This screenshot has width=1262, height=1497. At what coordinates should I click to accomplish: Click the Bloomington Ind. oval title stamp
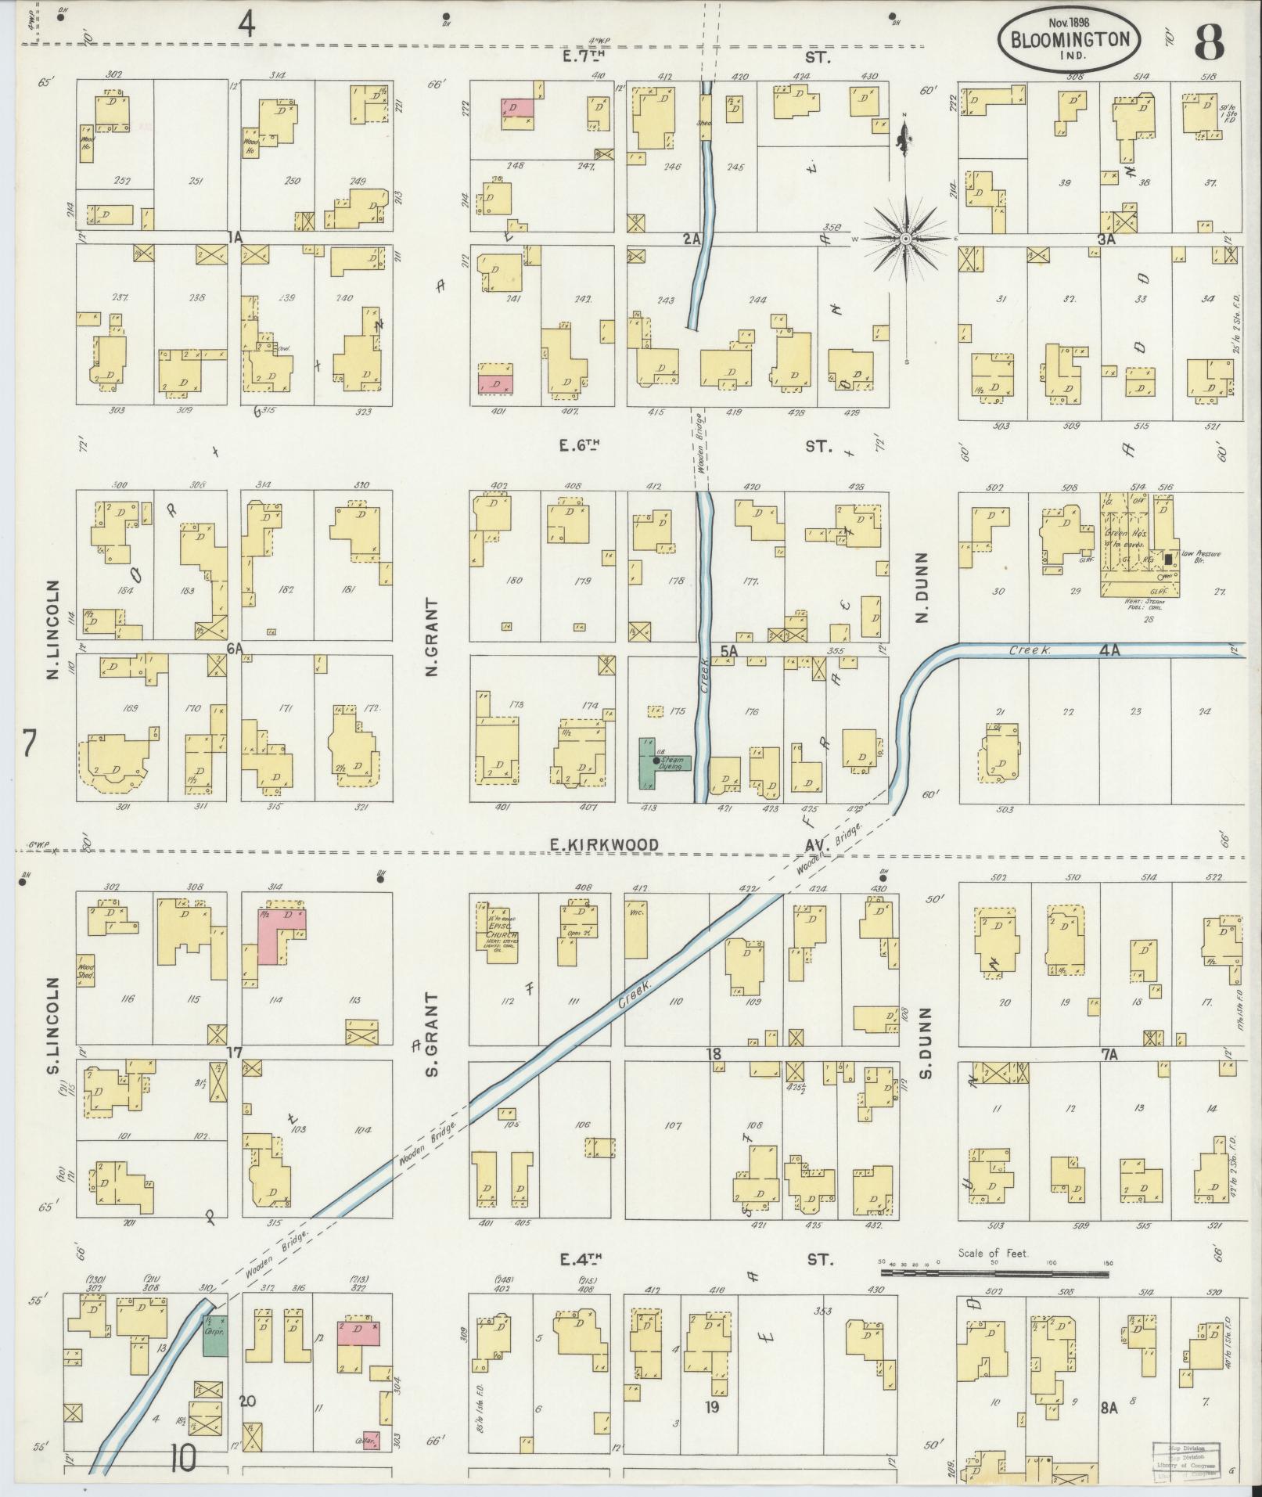(1067, 39)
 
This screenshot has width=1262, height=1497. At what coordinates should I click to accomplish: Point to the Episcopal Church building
(495, 926)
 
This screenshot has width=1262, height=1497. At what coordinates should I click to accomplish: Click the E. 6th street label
(579, 447)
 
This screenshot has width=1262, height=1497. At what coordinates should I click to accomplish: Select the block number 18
(713, 1054)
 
